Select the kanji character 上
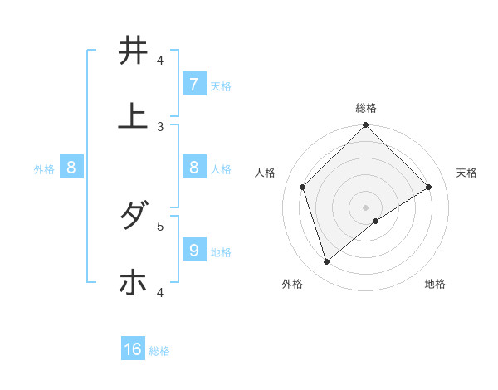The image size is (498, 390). coord(133,116)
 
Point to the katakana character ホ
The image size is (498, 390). coord(133,282)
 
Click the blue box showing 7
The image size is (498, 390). coord(193,84)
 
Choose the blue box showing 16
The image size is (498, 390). coord(133,349)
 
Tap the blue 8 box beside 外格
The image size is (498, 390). coord(71,168)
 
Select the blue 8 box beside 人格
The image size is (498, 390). coord(193,168)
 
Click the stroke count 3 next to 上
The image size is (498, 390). coord(160,126)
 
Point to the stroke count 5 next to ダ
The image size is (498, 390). coord(160,225)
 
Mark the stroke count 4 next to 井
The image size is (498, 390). coord(160,60)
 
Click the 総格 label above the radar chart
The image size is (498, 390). coord(366,108)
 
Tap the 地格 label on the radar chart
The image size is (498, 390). coord(435,284)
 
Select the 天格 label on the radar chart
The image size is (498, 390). coord(466,173)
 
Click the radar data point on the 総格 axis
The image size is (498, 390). coord(366,126)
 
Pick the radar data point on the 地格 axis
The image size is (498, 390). coord(376,221)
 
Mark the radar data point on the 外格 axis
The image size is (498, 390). coord(327,261)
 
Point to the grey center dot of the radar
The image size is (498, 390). coord(366,207)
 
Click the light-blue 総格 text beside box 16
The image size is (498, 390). coord(159,351)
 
